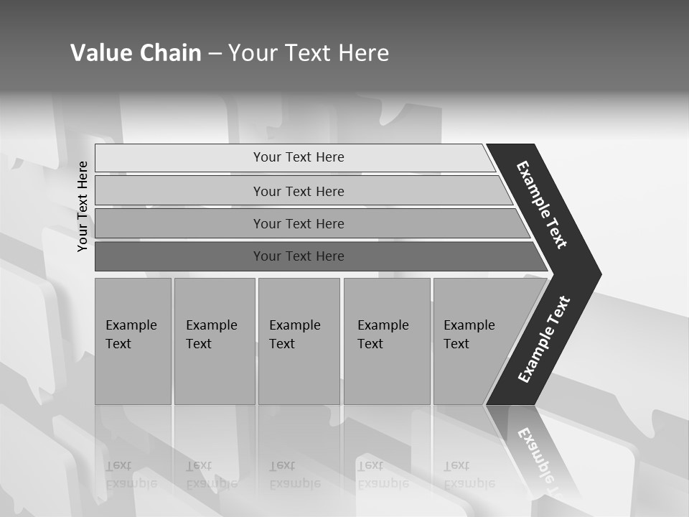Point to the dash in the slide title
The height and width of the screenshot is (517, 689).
pyautogui.click(x=215, y=54)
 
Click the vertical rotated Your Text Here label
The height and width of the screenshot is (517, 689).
pyautogui.click(x=83, y=206)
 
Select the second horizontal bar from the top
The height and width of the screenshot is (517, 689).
pyautogui.click(x=299, y=191)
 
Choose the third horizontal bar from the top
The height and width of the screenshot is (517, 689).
pyautogui.click(x=299, y=223)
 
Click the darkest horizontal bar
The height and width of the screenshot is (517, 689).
pyautogui.click(x=299, y=256)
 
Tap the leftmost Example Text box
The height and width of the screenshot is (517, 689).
pyautogui.click(x=133, y=340)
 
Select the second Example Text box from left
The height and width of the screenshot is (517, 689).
pyautogui.click(x=214, y=340)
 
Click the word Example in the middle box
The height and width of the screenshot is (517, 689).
pyautogui.click(x=294, y=325)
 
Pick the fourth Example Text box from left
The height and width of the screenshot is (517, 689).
pyautogui.click(x=386, y=340)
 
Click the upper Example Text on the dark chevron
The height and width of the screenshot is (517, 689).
pyautogui.click(x=542, y=205)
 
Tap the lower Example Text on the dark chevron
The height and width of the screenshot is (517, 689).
pyautogui.click(x=543, y=339)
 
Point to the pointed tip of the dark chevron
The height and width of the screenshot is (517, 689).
pyautogui.click(x=599, y=274)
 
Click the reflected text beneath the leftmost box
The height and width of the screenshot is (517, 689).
pyautogui.click(x=131, y=474)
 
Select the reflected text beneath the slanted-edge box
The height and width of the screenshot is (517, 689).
pyautogui.click(x=469, y=474)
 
